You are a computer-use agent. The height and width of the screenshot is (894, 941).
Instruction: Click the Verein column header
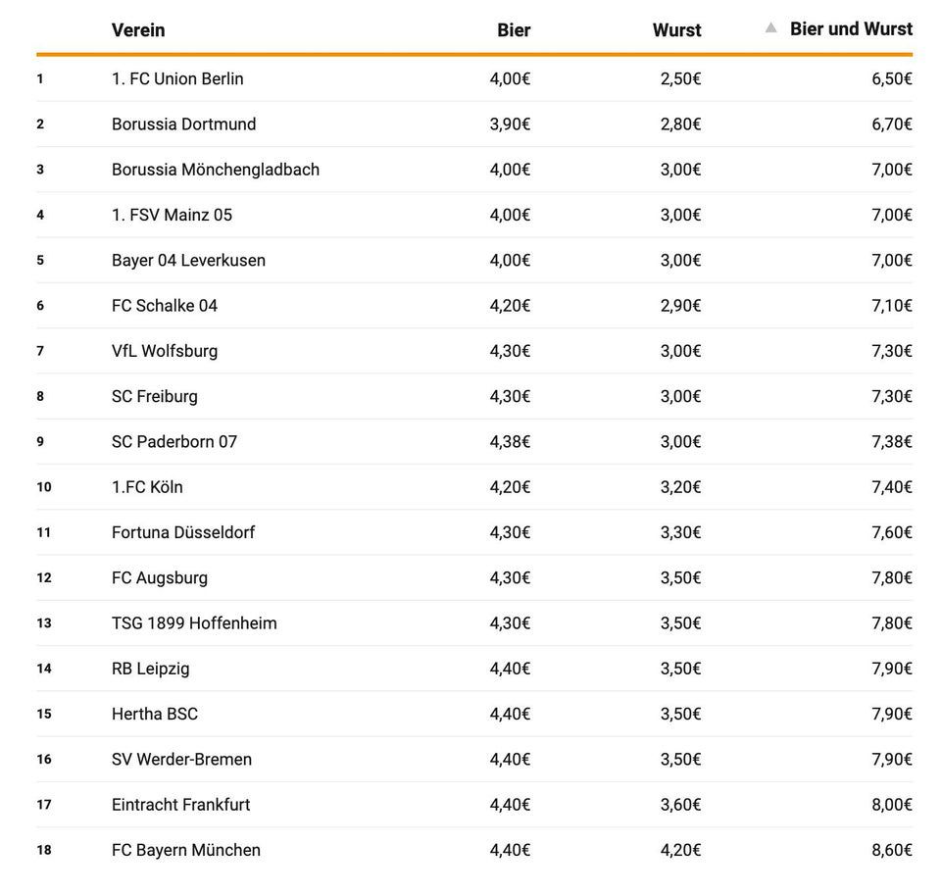point(138,30)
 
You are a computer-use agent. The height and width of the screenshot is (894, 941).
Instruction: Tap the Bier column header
point(514,30)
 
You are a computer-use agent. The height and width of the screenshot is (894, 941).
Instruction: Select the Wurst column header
point(676,30)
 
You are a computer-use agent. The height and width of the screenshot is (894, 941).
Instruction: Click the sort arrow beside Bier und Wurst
point(771,28)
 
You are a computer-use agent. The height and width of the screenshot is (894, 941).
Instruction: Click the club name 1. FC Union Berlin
point(177,78)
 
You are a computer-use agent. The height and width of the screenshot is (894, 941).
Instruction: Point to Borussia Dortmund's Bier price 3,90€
point(510,124)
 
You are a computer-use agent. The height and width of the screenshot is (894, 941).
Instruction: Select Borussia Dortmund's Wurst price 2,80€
point(680,124)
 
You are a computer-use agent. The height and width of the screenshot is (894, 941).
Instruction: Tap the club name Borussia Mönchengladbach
point(216,170)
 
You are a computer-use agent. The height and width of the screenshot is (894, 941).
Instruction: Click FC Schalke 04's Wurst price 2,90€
point(680,306)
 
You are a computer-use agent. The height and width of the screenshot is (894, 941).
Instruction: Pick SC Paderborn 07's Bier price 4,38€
point(510,442)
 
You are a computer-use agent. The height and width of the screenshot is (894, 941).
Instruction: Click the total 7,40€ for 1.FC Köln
point(891,487)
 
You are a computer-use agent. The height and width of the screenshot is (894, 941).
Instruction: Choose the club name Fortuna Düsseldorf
point(183,532)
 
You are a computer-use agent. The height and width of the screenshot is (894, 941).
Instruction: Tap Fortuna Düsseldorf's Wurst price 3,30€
point(680,532)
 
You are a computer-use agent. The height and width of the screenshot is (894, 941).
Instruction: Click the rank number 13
point(44,623)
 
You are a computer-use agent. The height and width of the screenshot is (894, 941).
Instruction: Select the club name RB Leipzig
point(151,669)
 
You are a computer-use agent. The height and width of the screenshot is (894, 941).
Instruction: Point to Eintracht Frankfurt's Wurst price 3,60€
point(680,805)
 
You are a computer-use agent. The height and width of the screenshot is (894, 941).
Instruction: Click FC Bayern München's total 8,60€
point(891,850)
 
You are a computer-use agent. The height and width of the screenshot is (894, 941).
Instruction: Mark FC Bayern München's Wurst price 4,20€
point(680,850)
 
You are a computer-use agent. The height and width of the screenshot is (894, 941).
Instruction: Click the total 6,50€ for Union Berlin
point(891,78)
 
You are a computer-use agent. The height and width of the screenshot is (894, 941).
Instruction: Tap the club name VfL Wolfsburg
point(165,351)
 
